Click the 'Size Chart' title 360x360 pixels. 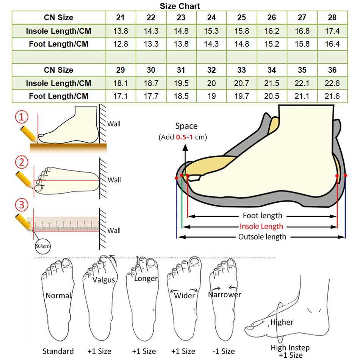tap(180, 6)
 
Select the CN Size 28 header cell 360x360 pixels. tap(332, 17)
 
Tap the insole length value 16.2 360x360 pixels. tap(272, 31)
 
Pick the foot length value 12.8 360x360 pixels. tap(121, 44)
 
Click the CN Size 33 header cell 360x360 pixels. tap(241, 70)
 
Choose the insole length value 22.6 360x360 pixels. tap(332, 83)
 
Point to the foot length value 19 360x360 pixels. tap(211, 96)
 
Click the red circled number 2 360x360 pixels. tap(22, 162)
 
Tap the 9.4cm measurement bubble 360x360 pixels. tap(42, 246)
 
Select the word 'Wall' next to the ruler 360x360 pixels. tap(114, 230)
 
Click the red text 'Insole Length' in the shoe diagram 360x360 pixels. tap(261, 226)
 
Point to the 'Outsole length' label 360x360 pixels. tap(262, 237)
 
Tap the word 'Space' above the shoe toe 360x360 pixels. tap(186, 126)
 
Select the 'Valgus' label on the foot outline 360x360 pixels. tap(103, 280)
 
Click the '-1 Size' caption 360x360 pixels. tap(224, 351)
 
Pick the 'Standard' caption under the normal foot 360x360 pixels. tap(58, 351)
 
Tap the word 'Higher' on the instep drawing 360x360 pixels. tap(282, 322)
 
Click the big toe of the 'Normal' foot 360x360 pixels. tap(67, 264)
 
